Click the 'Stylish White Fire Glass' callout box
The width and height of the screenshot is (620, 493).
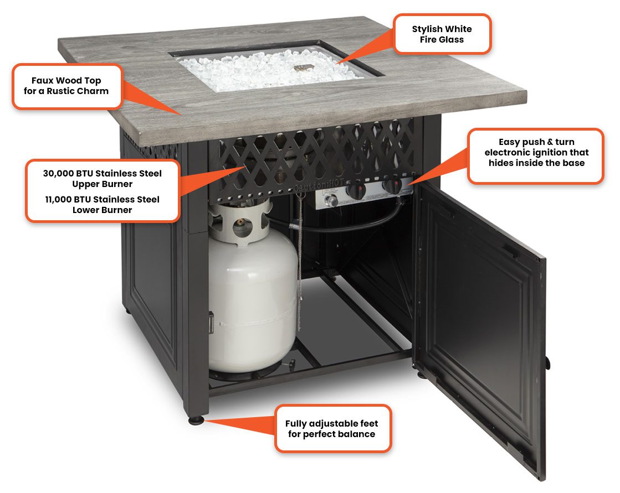(x=442, y=34)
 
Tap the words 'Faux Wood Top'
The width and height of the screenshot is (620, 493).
(x=66, y=81)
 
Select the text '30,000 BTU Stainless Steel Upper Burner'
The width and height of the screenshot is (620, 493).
(x=103, y=178)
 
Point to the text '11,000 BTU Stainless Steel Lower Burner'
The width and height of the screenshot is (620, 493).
(x=103, y=204)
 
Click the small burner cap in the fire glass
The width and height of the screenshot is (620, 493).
(x=303, y=69)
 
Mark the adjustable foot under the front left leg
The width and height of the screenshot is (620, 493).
(x=196, y=421)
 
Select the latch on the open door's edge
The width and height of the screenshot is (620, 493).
(x=546, y=362)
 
